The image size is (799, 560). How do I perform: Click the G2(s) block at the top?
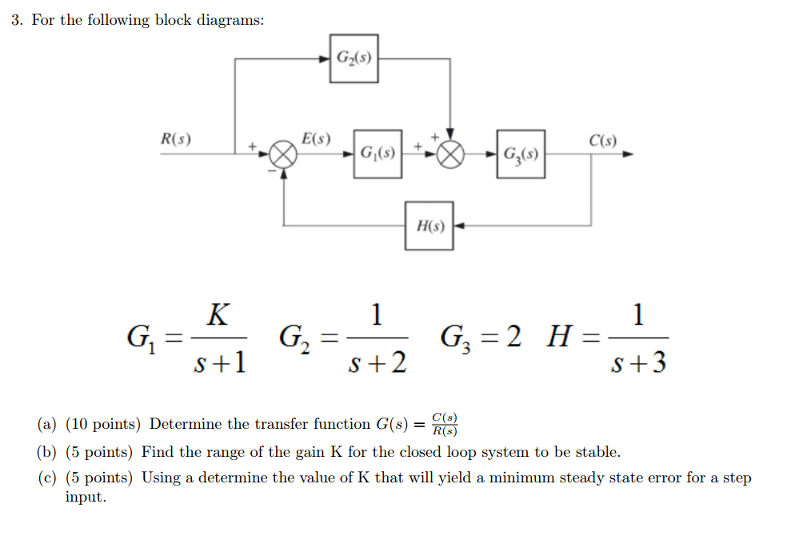click(x=354, y=58)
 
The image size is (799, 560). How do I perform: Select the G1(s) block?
click(x=378, y=154)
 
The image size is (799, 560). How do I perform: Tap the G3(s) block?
click(x=521, y=154)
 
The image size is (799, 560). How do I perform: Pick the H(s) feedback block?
click(x=429, y=226)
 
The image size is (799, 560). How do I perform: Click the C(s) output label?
click(x=602, y=140)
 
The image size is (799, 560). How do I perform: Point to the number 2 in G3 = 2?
click(x=514, y=338)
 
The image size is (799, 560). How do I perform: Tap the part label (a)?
click(x=46, y=424)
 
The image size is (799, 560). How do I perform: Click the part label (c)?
click(x=46, y=478)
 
